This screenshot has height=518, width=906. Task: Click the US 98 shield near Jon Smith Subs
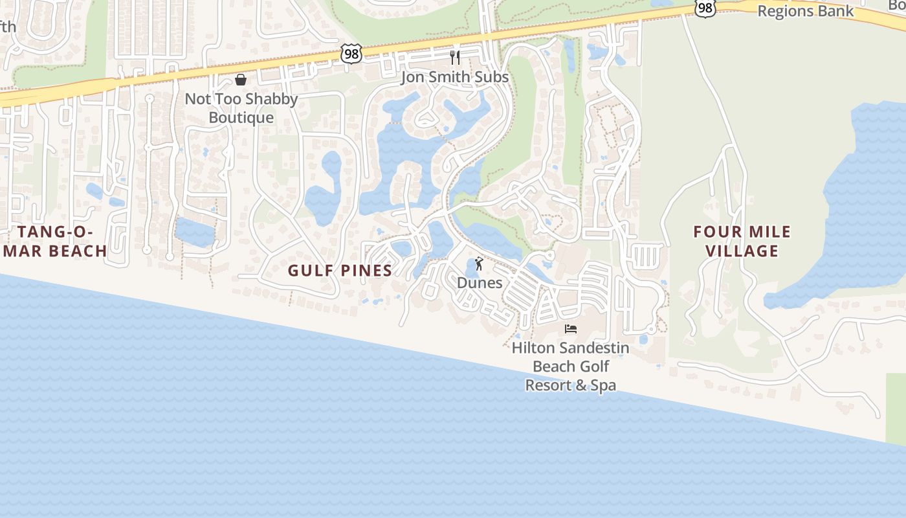click(351, 54)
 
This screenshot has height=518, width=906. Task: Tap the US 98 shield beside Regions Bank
click(705, 8)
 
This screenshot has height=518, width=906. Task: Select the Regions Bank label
click(806, 11)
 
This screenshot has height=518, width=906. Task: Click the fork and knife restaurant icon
click(455, 58)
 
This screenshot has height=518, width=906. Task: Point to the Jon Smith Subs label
click(454, 77)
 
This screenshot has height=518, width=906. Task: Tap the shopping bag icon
click(241, 80)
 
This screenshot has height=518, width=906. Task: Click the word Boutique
click(241, 118)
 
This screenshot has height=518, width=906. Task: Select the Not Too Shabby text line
click(241, 99)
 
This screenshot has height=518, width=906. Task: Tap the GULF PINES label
click(340, 271)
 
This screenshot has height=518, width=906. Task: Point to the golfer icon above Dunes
click(479, 264)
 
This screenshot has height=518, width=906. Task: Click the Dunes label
click(480, 283)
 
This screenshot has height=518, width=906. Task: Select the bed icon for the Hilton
click(571, 329)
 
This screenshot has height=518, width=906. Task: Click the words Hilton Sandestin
click(570, 348)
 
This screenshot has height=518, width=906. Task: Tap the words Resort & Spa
click(570, 385)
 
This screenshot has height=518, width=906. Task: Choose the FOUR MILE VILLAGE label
click(742, 242)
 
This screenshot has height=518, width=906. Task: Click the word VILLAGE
click(742, 251)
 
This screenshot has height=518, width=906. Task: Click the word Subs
click(493, 77)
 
